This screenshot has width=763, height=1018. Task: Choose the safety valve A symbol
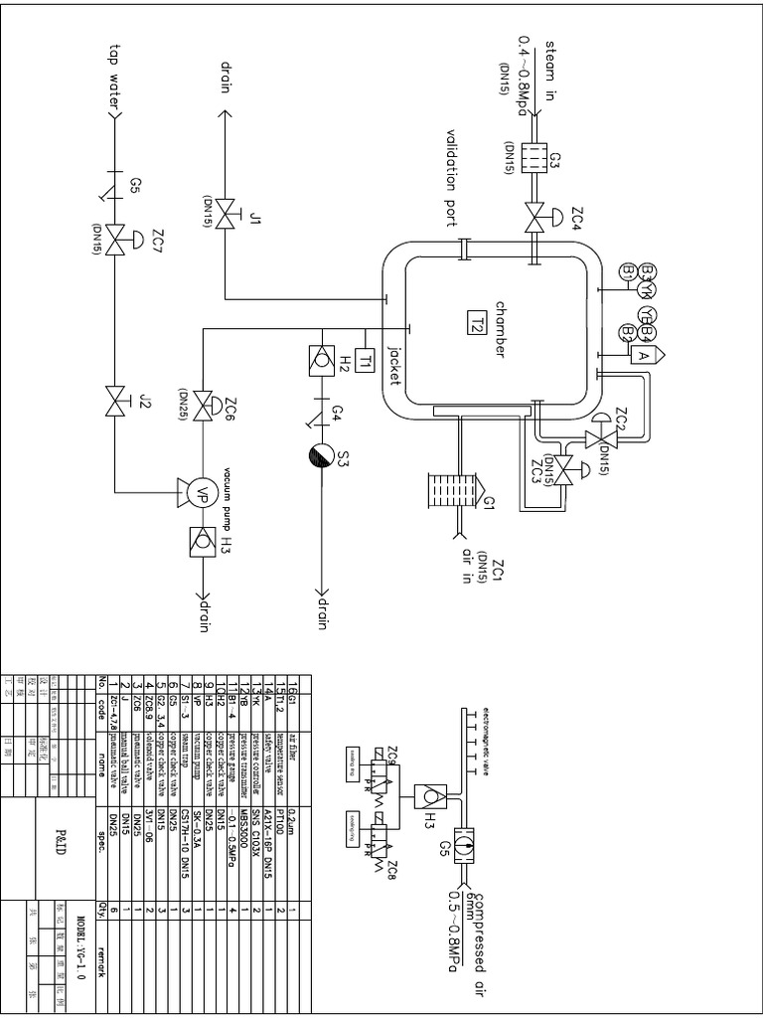pos(643,354)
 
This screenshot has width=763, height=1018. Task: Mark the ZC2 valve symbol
pos(599,437)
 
